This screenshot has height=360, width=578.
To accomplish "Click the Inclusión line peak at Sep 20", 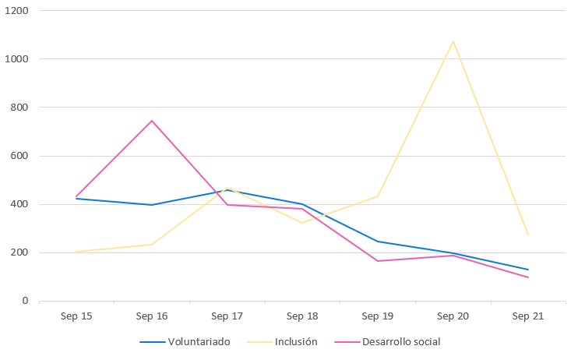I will tap(453, 41).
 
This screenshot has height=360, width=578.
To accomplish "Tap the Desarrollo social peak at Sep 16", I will tap(152, 121).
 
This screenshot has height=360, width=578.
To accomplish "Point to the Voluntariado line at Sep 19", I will tap(378, 242).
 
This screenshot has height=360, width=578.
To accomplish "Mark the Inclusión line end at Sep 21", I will tap(528, 235).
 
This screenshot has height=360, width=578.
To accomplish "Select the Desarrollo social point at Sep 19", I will tap(378, 261).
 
